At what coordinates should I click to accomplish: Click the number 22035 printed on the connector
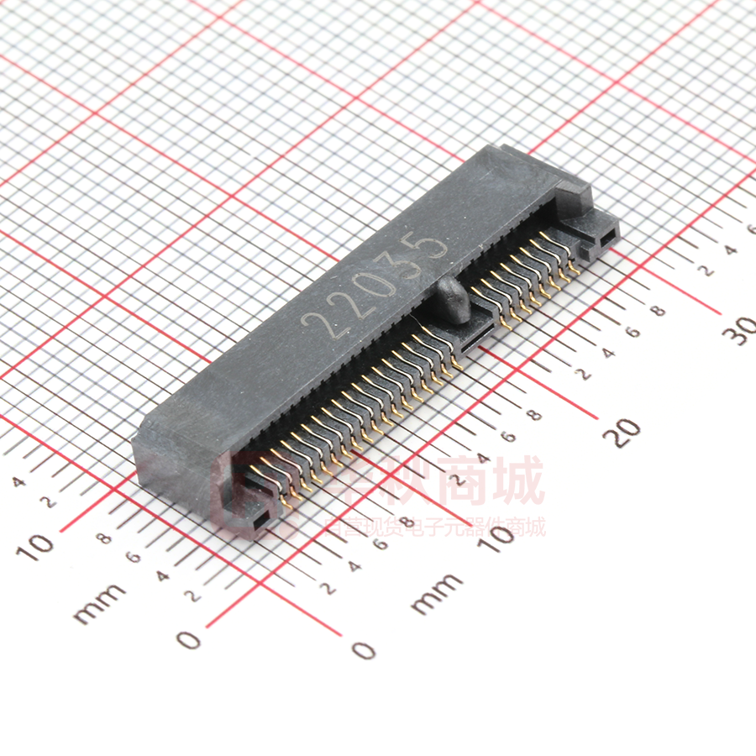[x=374, y=286]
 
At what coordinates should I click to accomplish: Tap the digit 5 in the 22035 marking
[x=431, y=246]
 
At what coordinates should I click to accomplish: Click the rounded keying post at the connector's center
[x=453, y=301]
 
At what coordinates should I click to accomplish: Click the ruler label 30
[x=743, y=330]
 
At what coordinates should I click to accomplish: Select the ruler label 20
[x=623, y=432]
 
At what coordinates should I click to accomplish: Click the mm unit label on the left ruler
[x=99, y=602]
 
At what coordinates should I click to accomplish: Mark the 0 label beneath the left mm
[x=191, y=640]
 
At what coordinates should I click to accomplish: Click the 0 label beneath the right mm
[x=363, y=649]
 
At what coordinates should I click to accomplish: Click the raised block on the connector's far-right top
[x=575, y=199]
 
